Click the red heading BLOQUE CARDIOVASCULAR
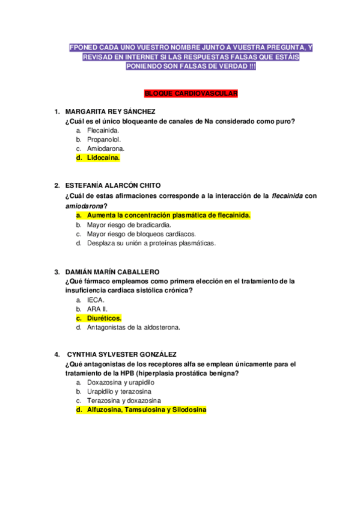[x=192, y=94]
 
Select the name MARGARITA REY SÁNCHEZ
[x=110, y=112]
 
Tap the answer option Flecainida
[x=103, y=130]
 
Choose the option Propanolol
[x=104, y=140]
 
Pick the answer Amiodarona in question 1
[x=106, y=149]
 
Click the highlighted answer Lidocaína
[x=103, y=158]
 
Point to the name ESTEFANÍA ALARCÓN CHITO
[x=113, y=185]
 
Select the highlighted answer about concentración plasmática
[x=169, y=215]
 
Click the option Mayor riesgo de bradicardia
[x=129, y=224]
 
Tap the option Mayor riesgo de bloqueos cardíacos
[x=141, y=234]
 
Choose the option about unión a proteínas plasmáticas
[x=151, y=243]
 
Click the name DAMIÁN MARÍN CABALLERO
[x=112, y=272]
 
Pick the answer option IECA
[x=96, y=300]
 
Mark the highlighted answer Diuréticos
[x=104, y=318]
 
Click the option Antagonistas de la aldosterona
[x=133, y=328]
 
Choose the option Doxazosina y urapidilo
[x=120, y=382]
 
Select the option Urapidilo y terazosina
[x=119, y=392]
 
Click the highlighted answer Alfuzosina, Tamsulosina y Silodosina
[x=146, y=410]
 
